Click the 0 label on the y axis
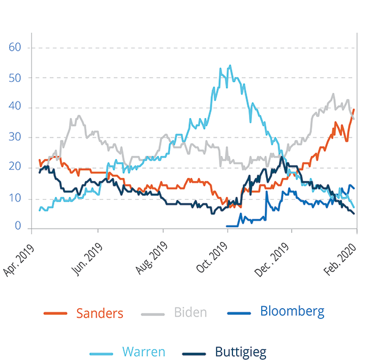pos(17,227)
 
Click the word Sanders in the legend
pos(100,314)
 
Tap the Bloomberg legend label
pos(292,311)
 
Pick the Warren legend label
pos(143,352)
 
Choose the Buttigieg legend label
pos(240,352)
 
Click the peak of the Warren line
pos(229,65)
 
